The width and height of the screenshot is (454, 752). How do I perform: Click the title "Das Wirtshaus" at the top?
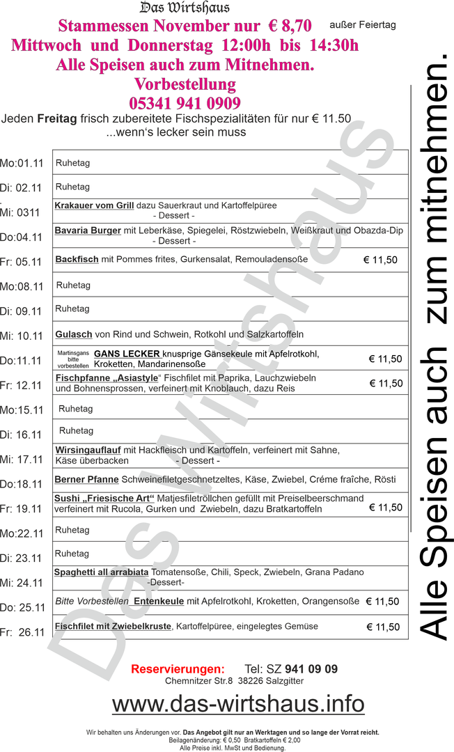pos(185,8)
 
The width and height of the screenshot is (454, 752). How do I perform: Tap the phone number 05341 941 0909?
pos(185,104)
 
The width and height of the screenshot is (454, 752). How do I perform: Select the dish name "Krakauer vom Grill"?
pos(94,206)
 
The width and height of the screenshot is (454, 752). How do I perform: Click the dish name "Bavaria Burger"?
pos(88,230)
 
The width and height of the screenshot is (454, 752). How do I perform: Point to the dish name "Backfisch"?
pos(77,259)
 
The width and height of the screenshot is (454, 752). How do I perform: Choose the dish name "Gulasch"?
pos(74,334)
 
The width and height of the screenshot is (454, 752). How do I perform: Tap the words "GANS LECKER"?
pos(127,354)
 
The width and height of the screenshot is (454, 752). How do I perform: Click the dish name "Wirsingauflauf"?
pos(88,450)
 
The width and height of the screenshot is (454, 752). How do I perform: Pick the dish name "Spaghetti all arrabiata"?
pos(101,572)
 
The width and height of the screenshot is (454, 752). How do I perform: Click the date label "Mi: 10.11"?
pos(22,336)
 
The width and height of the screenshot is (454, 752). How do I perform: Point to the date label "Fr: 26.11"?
pos(22,632)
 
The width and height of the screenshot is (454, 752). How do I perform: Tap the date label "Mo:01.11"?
pos(22,164)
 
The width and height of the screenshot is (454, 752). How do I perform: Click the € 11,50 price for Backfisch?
pos(380,260)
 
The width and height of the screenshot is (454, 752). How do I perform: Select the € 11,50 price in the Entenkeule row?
pos(382,602)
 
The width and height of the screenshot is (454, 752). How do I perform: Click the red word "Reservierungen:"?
pos(178,669)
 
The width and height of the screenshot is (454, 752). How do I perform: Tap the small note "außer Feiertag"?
pos(362,24)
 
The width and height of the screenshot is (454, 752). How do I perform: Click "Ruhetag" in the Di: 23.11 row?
pos(72,554)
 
